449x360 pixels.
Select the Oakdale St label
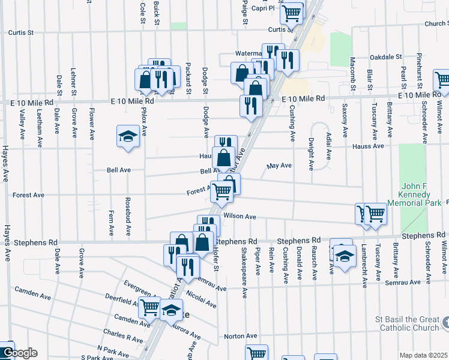(386, 57)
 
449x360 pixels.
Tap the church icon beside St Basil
(444, 324)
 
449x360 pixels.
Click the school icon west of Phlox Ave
(128, 137)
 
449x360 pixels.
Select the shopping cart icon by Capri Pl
(291, 12)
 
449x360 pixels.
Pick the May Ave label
(279, 166)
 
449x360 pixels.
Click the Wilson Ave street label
(240, 217)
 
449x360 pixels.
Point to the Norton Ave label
(242, 336)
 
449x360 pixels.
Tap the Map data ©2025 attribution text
(424, 355)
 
